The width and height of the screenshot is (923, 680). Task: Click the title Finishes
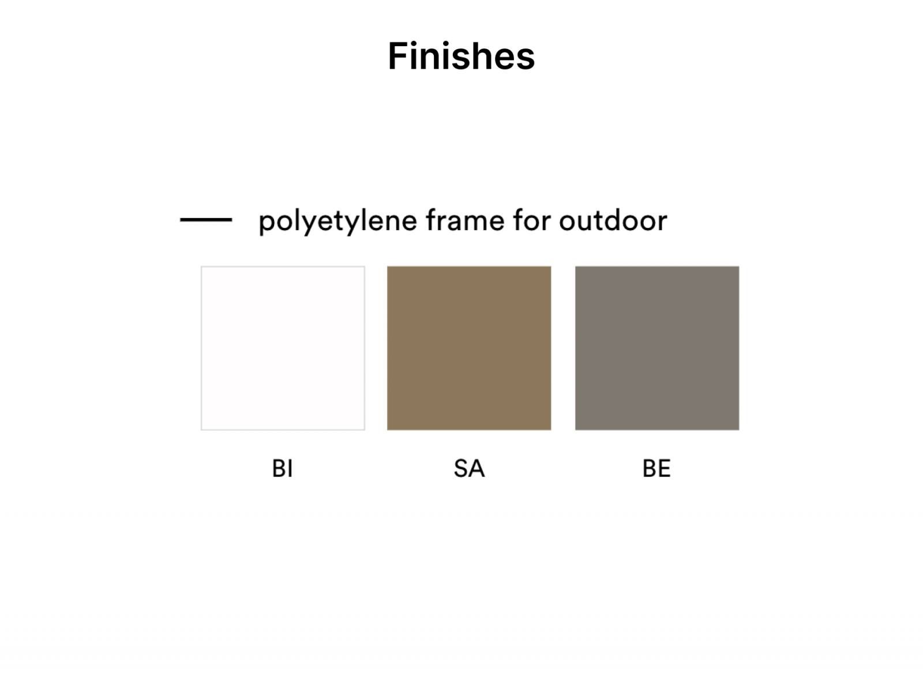click(x=461, y=56)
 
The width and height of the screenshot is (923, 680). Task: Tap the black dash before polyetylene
click(x=206, y=220)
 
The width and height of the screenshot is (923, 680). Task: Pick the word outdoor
click(x=613, y=220)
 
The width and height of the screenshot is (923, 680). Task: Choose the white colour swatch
click(x=283, y=348)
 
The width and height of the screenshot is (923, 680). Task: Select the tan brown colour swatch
click(x=469, y=348)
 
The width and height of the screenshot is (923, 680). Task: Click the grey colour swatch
click(x=657, y=348)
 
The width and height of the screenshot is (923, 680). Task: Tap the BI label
click(x=282, y=468)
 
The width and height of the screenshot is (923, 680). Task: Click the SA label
click(x=470, y=468)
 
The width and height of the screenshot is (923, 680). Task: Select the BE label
click(x=657, y=468)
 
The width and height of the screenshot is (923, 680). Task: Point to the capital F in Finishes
click(x=399, y=56)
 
